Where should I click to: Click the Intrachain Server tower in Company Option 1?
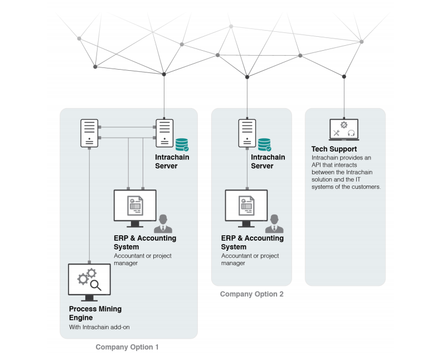164,133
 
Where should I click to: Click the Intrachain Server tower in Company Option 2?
247,133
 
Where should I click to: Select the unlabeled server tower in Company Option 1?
89,133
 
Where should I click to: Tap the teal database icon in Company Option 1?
182,145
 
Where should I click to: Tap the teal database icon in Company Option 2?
264,145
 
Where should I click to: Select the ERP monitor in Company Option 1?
135,206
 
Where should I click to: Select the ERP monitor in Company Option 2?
246,206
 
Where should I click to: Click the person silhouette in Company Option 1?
163,223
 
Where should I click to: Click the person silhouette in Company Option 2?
274,223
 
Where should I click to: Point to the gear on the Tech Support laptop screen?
343,124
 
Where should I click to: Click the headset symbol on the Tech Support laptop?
351,133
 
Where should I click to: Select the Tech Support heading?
334,149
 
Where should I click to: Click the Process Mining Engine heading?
95,313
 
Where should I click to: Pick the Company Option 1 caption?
127,347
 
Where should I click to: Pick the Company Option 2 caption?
251,294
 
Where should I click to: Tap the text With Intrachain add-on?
99,327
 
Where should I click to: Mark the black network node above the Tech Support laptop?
344,76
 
